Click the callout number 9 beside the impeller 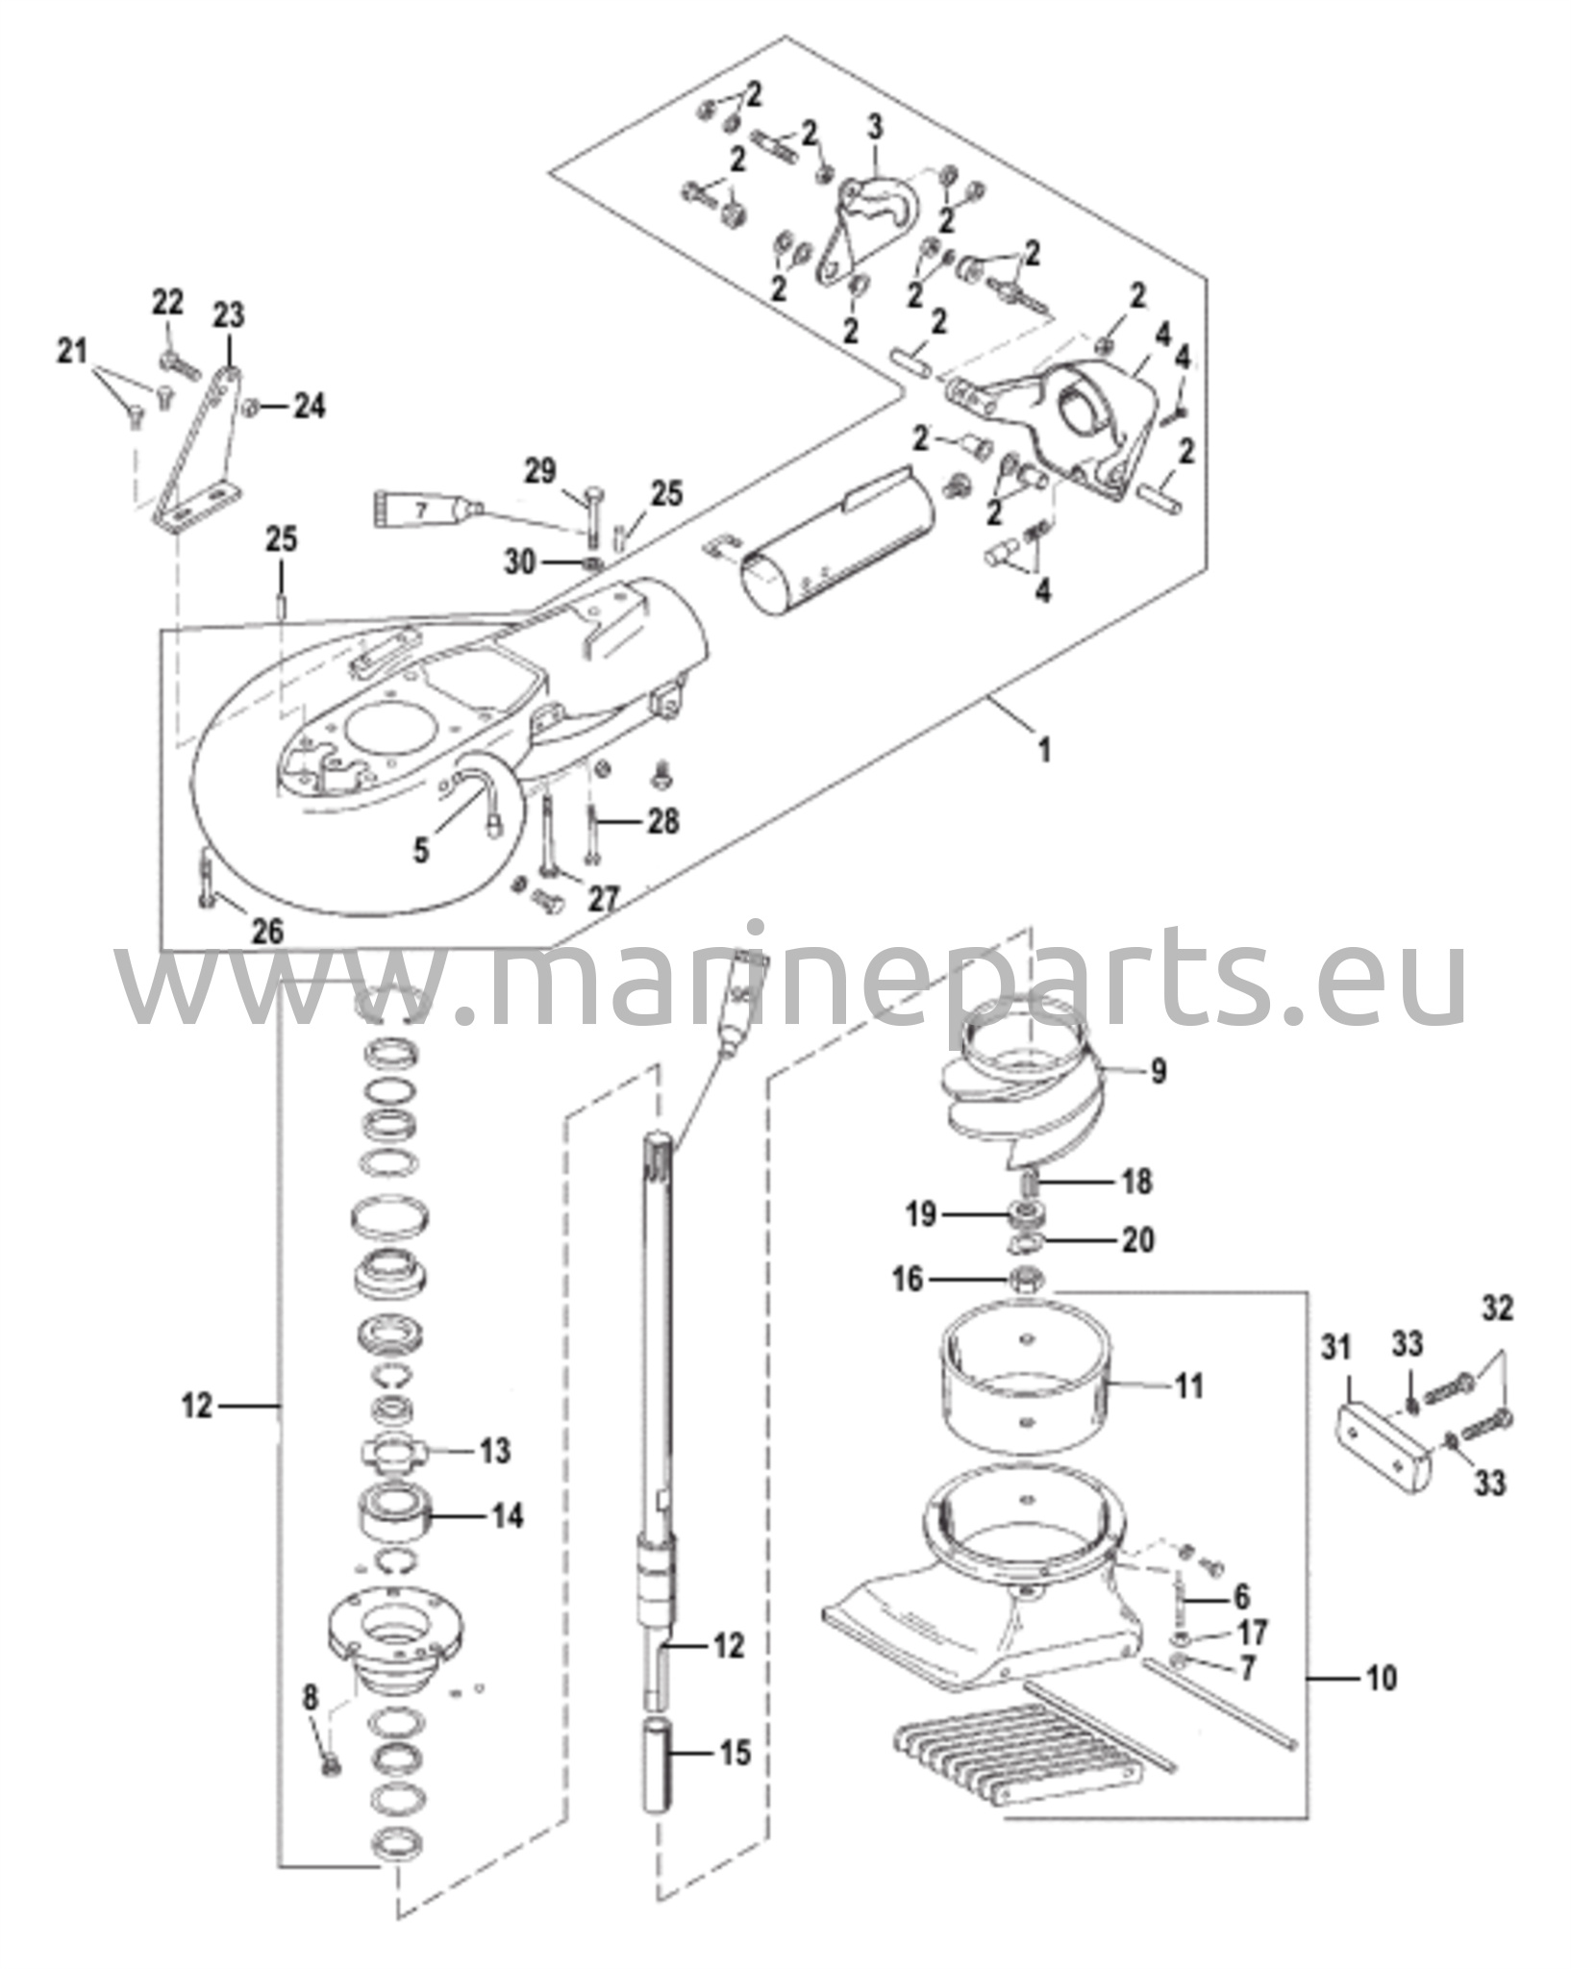tap(1158, 1070)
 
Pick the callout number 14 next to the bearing tap(508, 1515)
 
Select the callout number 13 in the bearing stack tap(495, 1450)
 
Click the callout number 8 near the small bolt tap(310, 1698)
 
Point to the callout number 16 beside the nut tap(908, 1279)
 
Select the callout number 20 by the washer tap(1138, 1239)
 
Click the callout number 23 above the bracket tap(229, 315)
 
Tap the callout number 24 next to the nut tap(310, 406)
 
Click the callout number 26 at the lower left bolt tap(267, 930)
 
